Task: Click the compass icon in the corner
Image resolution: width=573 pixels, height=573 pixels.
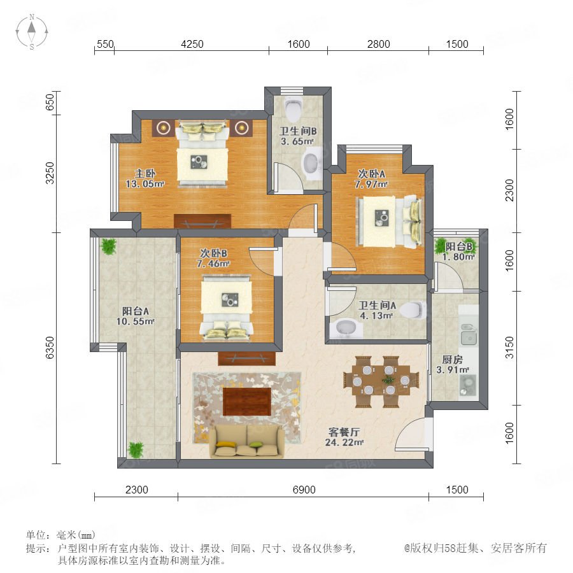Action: coord(32,32)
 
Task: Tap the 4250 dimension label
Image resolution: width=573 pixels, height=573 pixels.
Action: coord(192,44)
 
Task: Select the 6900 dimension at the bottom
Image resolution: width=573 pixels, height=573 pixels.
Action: coord(304,490)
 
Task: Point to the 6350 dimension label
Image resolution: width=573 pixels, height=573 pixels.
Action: coord(50,348)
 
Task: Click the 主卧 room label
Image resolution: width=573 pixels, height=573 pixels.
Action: coord(145,173)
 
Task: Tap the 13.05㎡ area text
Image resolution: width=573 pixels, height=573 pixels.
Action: coord(145,184)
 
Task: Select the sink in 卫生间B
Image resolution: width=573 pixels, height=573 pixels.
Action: coord(313,163)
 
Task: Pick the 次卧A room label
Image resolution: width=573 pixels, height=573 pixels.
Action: coord(371,174)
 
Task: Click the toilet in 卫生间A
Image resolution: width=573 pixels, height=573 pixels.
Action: coord(413,310)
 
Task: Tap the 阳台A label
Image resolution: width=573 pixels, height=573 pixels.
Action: coord(136,311)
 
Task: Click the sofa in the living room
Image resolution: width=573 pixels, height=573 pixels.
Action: coord(246,441)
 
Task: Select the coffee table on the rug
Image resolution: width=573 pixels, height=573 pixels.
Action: coord(247,402)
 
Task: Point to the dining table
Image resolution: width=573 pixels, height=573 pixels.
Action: coord(381,381)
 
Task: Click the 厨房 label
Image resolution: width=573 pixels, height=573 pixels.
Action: coord(453,360)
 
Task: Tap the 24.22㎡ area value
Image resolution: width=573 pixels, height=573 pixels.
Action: coord(344,442)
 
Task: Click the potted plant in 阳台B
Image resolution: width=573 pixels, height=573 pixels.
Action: coord(441,246)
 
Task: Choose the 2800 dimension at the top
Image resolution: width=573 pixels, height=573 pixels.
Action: coord(379,44)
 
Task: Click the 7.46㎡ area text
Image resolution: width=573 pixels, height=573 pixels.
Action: coord(213,264)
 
